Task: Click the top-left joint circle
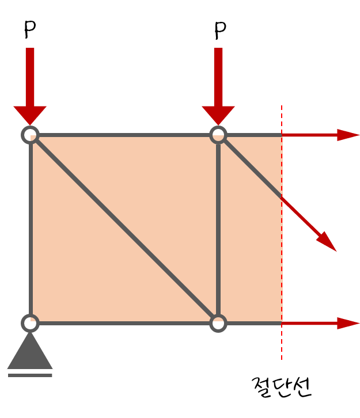coord(30,135)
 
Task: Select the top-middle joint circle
coord(218,135)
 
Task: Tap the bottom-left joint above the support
coord(30,323)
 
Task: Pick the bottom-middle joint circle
coord(218,323)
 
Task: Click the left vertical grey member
coord(30,230)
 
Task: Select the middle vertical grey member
coord(218,230)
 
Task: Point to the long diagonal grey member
coord(124,229)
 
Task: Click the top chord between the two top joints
coord(124,135)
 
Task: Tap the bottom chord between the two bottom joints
coord(124,323)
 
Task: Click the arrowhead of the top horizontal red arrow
coord(348,135)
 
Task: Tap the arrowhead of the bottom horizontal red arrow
coord(348,323)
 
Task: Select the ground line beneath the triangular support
coord(30,375)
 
